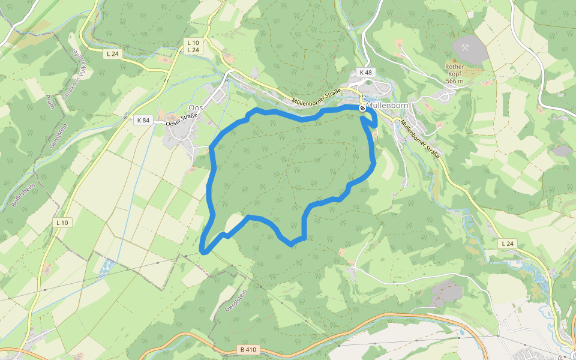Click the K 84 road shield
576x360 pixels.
[143, 120]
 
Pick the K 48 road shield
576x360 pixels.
[365, 73]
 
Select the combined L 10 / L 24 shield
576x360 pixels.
[193, 46]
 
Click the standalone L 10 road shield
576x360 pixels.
[62, 223]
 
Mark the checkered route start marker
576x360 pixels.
[362, 108]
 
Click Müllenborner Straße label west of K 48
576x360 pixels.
[316, 96]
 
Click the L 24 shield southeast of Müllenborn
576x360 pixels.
[507, 243]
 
